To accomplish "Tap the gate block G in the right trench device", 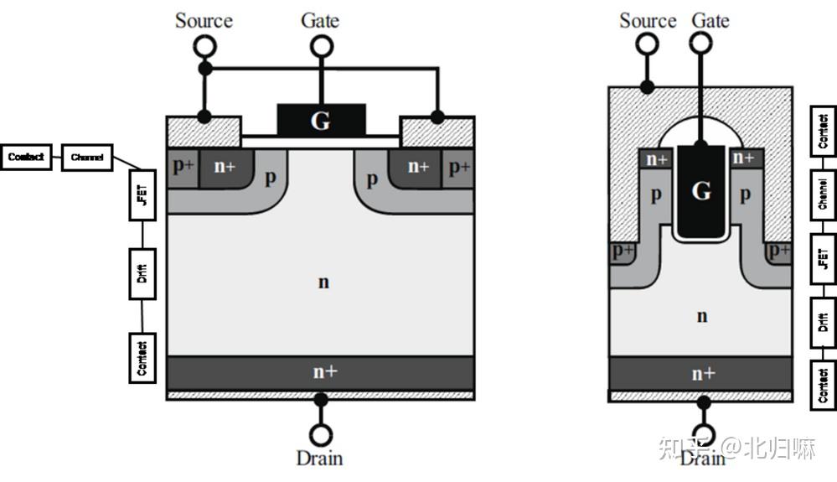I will (x=700, y=192).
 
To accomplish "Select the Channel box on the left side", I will (x=87, y=157).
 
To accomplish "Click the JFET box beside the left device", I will (x=142, y=195).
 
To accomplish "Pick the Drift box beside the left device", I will (x=142, y=274).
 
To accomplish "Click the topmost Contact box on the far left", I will (x=27, y=157).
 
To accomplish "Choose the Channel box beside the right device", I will (x=823, y=194).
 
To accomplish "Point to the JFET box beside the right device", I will (x=823, y=257).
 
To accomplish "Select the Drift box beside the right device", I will (x=823, y=322).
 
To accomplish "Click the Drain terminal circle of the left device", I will (x=320, y=435).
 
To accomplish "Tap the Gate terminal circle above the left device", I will (x=320, y=47).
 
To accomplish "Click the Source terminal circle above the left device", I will (x=204, y=48).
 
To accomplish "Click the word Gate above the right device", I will (x=710, y=20).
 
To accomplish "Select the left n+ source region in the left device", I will (x=225, y=167).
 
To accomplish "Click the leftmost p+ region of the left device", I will (x=183, y=166).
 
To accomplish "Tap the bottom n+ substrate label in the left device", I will (x=324, y=371).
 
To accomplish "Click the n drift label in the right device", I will (x=701, y=316).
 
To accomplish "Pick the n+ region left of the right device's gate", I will (x=656, y=158).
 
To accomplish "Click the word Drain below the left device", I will (x=319, y=458).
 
